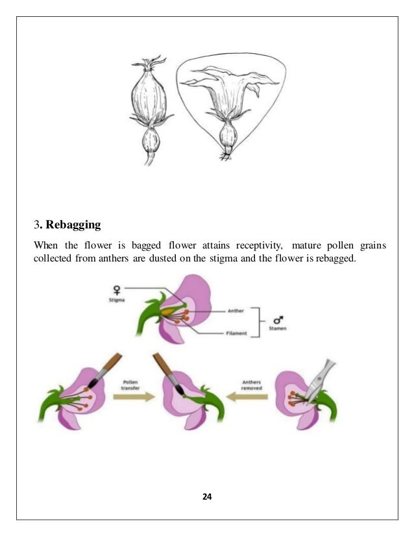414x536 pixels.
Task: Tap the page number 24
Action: point(207,496)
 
